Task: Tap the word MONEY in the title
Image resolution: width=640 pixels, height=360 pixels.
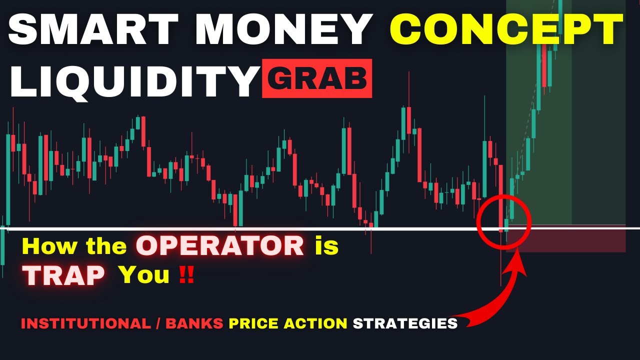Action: [x=282, y=30]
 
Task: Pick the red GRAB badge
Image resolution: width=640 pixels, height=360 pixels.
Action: [x=317, y=79]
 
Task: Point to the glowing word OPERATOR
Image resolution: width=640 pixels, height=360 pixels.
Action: [x=220, y=246]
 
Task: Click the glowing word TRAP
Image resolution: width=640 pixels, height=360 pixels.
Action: [x=65, y=274]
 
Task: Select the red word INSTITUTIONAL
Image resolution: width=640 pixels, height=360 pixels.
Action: [x=85, y=323]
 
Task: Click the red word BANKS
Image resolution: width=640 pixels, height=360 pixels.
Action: [x=194, y=323]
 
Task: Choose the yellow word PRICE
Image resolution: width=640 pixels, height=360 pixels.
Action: [x=253, y=323]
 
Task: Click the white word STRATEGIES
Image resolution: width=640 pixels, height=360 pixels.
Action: [x=405, y=323]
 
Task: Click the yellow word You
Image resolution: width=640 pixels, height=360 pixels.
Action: [x=143, y=274]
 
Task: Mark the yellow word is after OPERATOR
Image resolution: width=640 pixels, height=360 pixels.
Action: [x=326, y=246]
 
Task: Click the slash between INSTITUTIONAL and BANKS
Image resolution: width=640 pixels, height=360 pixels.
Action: [x=157, y=323]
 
